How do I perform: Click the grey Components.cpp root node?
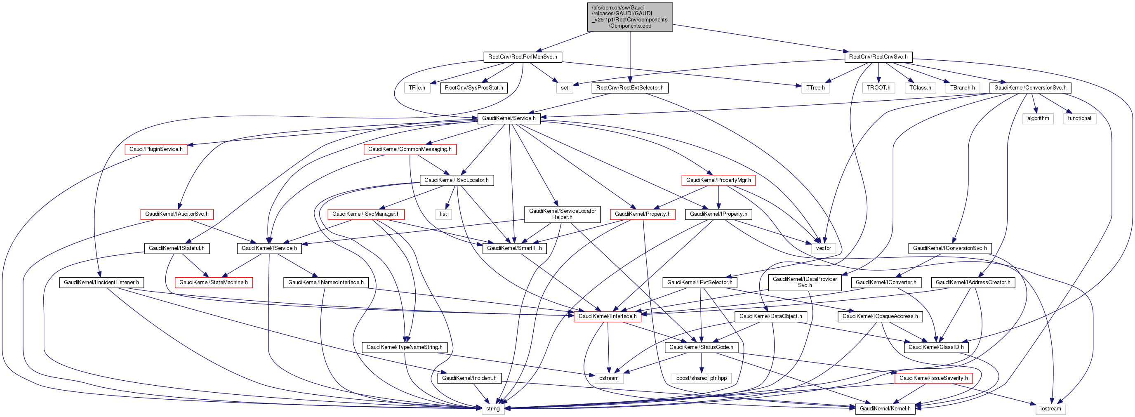[630, 17]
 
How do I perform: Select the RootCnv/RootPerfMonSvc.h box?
[523, 57]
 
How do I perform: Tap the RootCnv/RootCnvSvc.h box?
[878, 57]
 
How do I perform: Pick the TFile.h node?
[417, 88]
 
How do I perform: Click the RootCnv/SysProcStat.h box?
[473, 88]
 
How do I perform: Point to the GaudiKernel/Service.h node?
[509, 118]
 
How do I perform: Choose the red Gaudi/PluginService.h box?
[156, 149]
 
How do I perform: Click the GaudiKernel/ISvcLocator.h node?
[457, 180]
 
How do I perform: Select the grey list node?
[443, 214]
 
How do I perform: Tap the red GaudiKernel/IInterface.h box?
[607, 316]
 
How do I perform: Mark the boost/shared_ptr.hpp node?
[702, 378]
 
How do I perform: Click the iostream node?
[1050, 409]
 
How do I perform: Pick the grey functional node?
[1079, 118]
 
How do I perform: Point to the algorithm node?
[1038, 118]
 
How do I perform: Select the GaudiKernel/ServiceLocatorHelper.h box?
[562, 214]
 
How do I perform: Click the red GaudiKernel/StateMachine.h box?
[214, 282]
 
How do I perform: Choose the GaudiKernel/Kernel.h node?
[885, 409]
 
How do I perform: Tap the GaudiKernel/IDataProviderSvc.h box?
[805, 282]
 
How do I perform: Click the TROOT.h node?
[878, 88]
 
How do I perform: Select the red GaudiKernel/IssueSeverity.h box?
[933, 378]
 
